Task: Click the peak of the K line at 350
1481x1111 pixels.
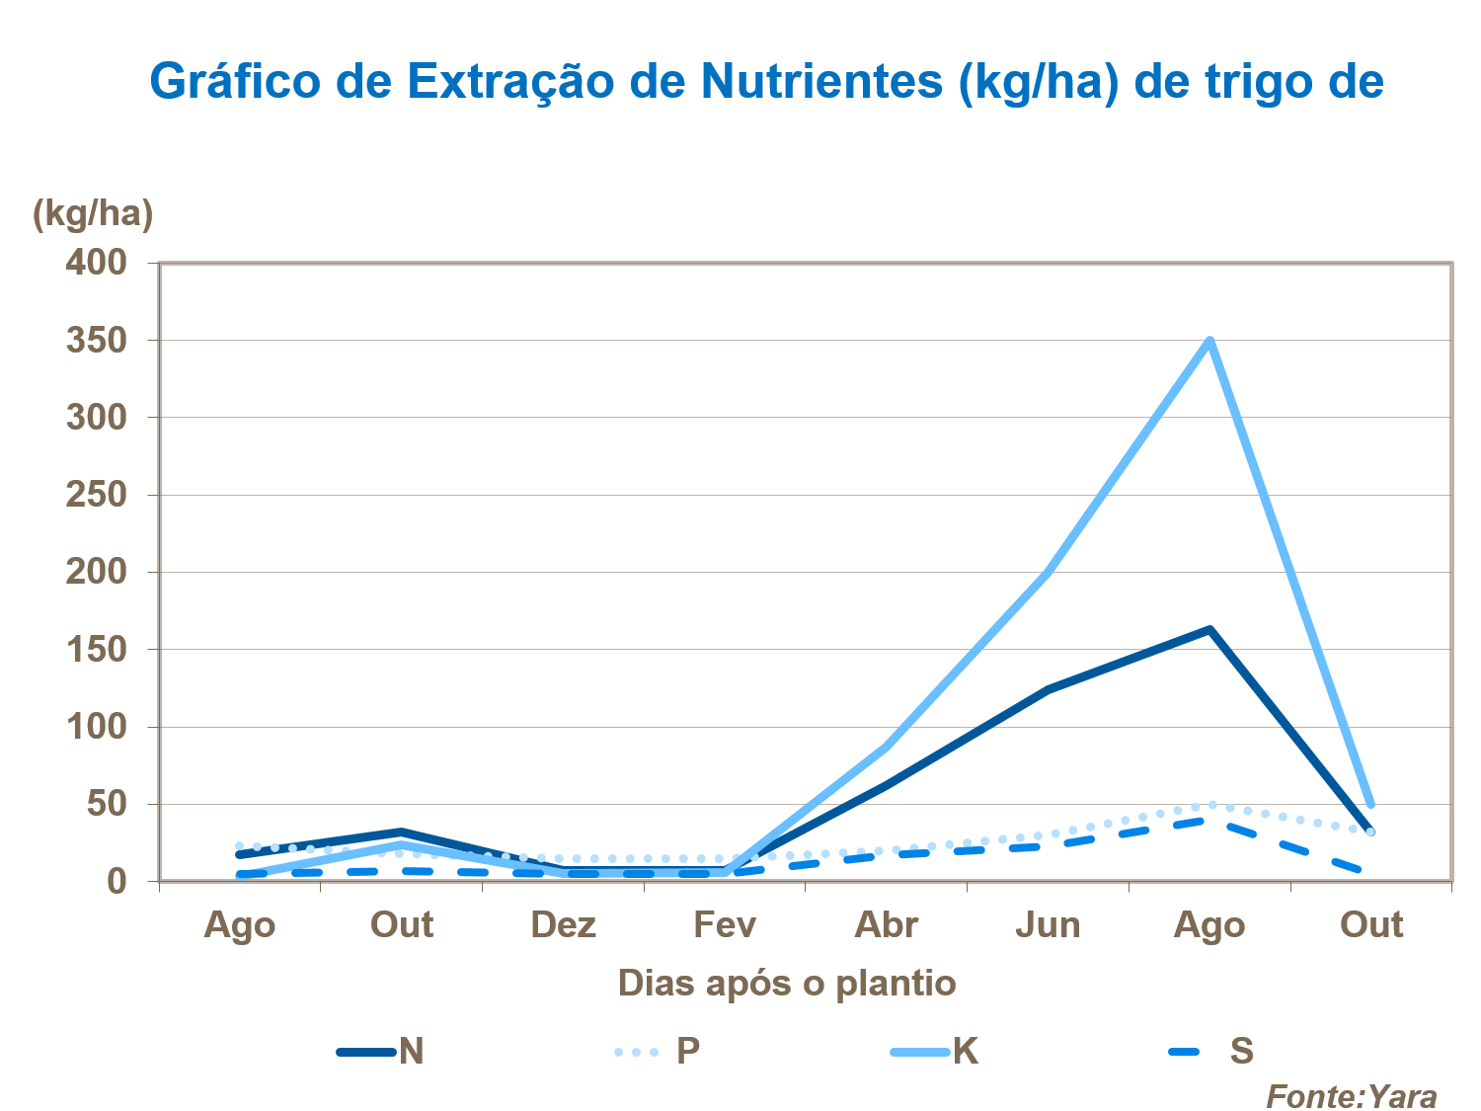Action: pos(1209,341)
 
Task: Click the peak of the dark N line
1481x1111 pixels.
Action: pos(1209,629)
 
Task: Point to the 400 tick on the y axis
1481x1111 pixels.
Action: pos(97,263)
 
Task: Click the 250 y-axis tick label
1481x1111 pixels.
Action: pos(97,495)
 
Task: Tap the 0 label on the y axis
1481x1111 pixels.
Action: pos(117,882)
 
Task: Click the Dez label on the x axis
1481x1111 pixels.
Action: pos(563,925)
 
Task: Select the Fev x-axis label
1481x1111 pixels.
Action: pos(725,925)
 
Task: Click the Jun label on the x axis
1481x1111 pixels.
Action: pos(1048,925)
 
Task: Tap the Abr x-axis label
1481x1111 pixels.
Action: pos(886,925)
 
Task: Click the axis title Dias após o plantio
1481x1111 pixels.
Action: pos(787,984)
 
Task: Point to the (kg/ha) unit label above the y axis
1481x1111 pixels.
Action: pos(93,213)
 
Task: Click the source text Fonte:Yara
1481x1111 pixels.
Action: pos(1351,1096)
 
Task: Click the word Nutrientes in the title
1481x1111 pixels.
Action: pos(822,81)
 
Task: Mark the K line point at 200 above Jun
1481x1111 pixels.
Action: pos(1048,572)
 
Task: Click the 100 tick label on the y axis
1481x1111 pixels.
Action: pos(97,727)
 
